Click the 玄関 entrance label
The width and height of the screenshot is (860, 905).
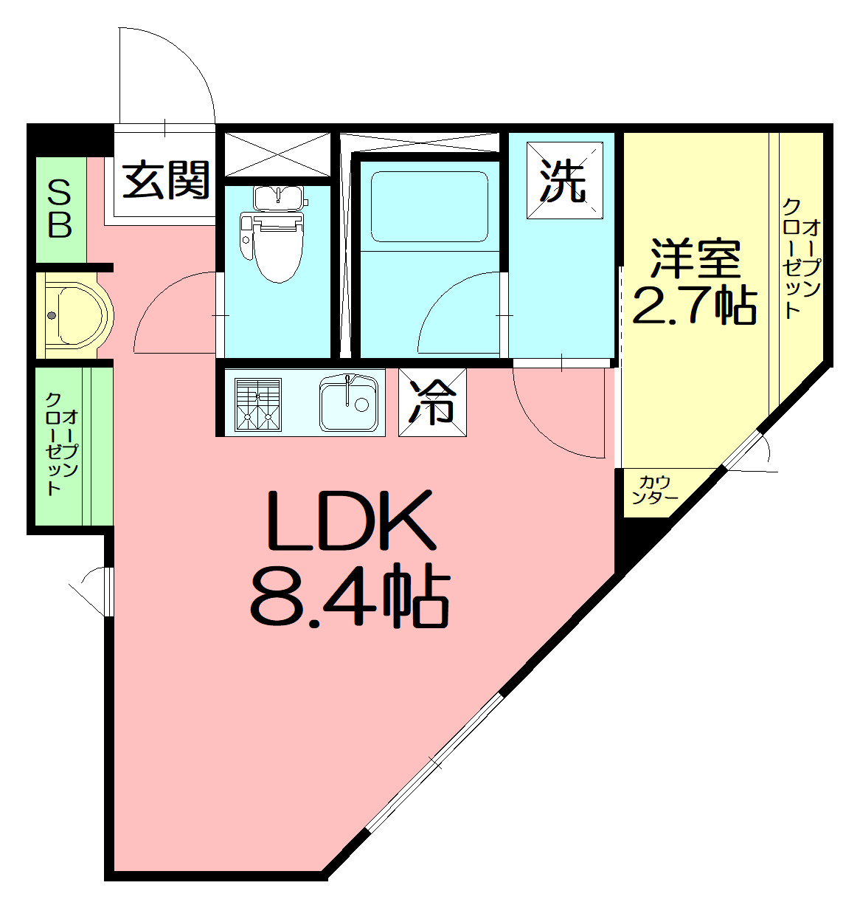166,180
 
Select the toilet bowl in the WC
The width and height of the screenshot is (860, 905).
274,244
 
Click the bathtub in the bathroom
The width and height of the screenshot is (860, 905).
429,206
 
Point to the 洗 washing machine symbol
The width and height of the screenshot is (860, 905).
564,180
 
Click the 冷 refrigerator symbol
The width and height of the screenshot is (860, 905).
432,402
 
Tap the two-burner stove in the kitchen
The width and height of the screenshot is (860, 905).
257,405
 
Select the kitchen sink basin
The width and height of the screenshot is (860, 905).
348,403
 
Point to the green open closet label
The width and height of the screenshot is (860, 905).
61,444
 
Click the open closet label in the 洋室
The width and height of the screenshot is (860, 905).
801,258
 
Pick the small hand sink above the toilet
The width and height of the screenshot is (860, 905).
279,196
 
